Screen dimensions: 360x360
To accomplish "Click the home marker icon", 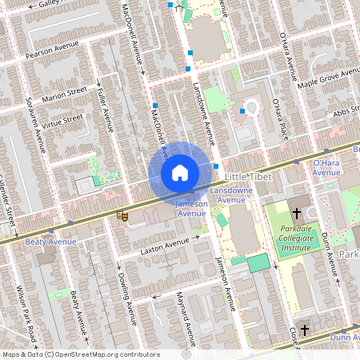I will coord(180,172).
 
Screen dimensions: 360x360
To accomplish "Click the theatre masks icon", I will coord(122,214).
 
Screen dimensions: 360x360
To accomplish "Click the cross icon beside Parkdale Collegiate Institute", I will coord(297,214).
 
